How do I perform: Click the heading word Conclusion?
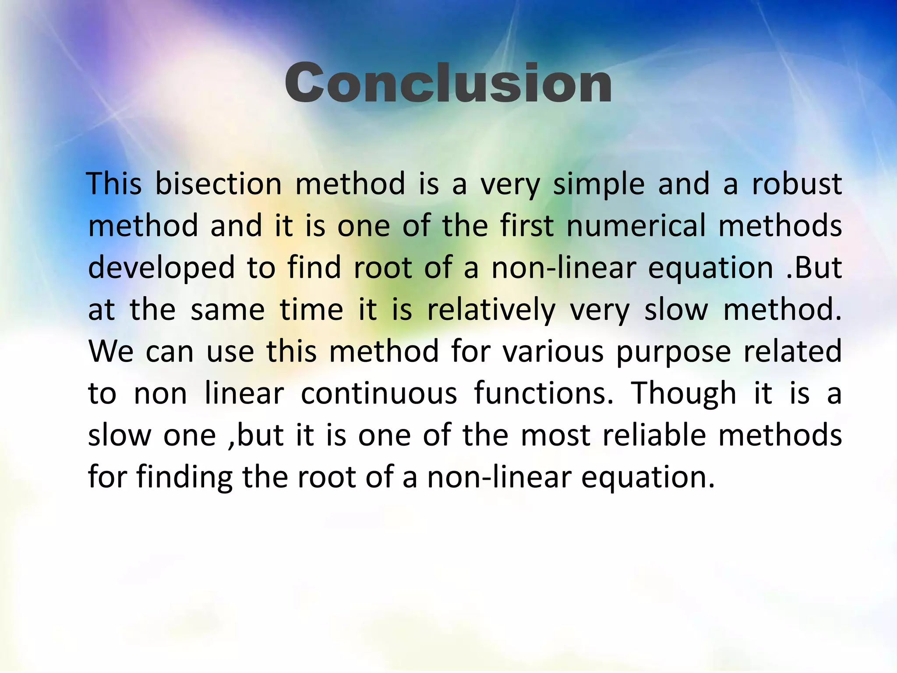click(448, 83)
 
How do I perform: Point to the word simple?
click(599, 184)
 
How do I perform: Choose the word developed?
click(162, 268)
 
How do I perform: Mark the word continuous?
click(379, 393)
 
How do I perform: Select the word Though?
click(684, 394)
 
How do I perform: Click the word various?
click(553, 351)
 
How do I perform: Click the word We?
click(111, 351)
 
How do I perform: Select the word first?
click(527, 226)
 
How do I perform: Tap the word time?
click(311, 310)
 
